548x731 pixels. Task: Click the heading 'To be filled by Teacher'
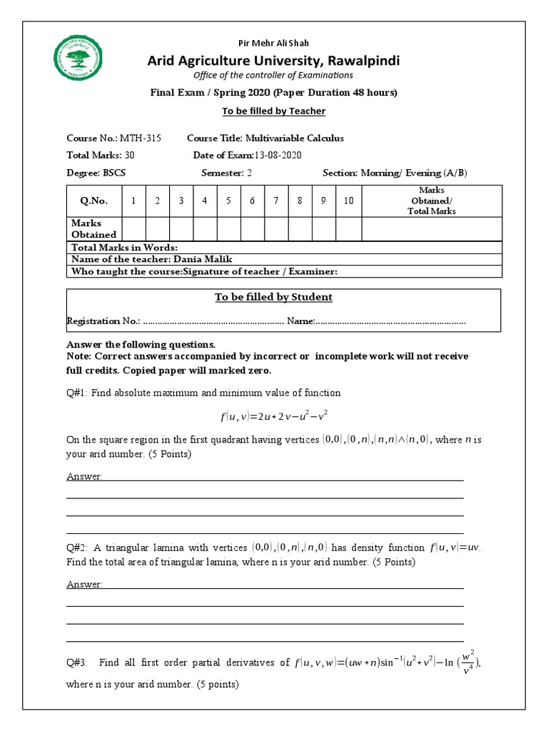coord(273,111)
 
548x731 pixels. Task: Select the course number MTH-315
coord(140,138)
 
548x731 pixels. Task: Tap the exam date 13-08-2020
coord(278,155)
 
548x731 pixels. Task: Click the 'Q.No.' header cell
coord(93,201)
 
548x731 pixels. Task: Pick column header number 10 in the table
coord(348,201)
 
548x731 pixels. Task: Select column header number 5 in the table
coord(228,201)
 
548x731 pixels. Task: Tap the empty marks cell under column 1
coord(133,228)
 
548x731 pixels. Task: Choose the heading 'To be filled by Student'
coord(273,297)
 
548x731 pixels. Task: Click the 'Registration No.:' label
coord(103,321)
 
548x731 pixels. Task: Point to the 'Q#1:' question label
coord(76,393)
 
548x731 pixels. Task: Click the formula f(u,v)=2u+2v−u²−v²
coord(273,416)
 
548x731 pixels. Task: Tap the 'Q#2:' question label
coord(76,548)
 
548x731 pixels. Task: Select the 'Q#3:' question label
coord(76,663)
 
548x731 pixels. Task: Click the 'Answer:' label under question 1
coord(84,476)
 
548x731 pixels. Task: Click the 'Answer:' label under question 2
coord(84,584)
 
